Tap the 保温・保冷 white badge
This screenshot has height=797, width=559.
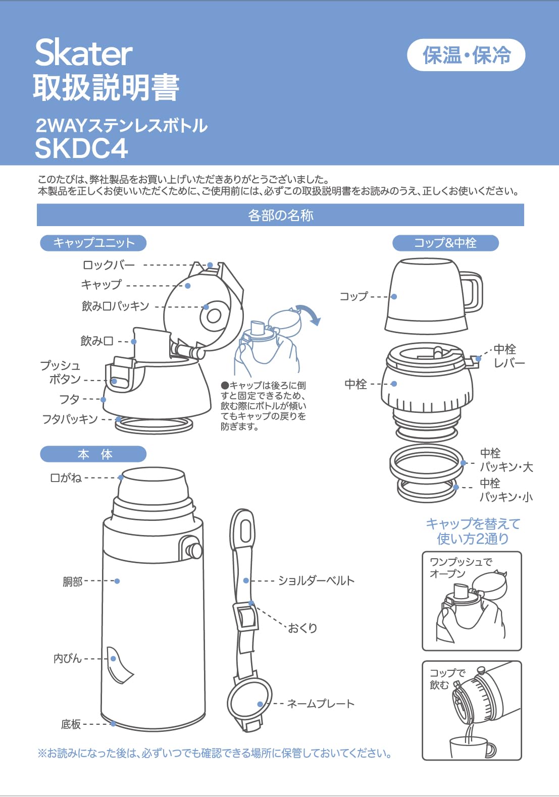(466, 55)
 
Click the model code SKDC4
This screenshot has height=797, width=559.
(81, 148)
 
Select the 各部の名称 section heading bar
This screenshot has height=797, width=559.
(280, 216)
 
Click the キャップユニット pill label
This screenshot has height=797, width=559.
(93, 243)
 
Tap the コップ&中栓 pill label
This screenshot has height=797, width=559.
(445, 243)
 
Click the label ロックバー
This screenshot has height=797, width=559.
(109, 265)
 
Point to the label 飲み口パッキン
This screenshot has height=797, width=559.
(115, 306)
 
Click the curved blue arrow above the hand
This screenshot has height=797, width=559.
(309, 313)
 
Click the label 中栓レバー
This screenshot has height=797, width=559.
(508, 356)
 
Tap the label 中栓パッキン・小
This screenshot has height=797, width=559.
(505, 490)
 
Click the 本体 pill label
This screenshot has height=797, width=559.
(93, 454)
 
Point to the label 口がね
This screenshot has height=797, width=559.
(66, 477)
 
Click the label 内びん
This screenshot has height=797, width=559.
(67, 658)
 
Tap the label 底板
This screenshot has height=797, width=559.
(71, 724)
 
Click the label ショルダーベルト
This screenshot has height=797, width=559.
(316, 580)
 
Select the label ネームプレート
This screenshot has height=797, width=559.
(320, 703)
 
